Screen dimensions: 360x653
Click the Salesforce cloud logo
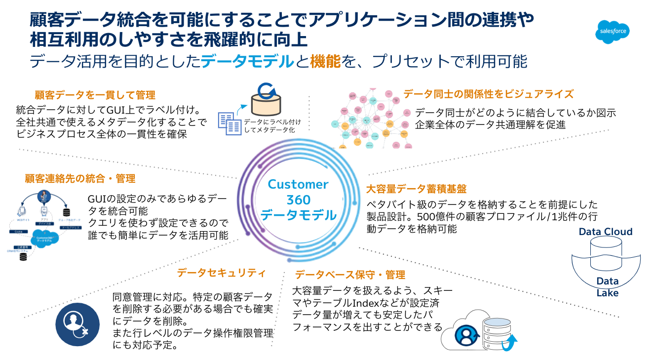point(613,32)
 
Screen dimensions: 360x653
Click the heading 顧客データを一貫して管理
point(95,95)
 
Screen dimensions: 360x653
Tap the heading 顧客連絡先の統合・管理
point(80,178)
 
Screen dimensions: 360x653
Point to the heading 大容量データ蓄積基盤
point(417,189)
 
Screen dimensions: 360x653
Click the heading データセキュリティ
point(222,273)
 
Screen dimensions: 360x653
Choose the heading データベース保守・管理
point(349,275)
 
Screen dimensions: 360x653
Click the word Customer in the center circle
point(298,184)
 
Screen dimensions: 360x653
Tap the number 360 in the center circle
point(298,200)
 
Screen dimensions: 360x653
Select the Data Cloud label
point(605,232)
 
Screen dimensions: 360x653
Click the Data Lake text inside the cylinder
point(607,287)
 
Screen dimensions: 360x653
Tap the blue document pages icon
point(230,123)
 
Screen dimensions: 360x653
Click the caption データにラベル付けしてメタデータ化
point(272,125)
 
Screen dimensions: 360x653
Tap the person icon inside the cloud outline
point(465,334)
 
